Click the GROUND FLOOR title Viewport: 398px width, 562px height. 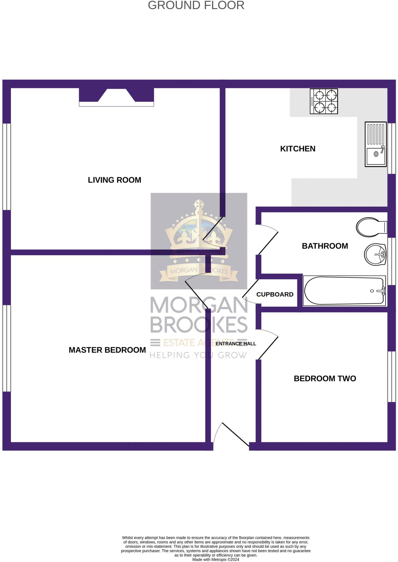pos(196,5)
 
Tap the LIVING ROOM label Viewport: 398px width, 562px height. pos(114,180)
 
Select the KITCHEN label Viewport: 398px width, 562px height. pos(298,149)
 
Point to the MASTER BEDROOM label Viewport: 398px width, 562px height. pos(107,350)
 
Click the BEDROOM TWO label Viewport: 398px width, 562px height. pos(325,378)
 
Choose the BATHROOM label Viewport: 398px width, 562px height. pos(325,246)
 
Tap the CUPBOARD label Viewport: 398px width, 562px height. pos(275,294)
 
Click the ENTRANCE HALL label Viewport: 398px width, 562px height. pos(236,344)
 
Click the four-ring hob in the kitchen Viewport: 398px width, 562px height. pos(324,101)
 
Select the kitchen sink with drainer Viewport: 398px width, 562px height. pos(375,144)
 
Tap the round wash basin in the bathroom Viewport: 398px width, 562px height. pos(375,254)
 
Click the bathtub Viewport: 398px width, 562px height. pos(344,291)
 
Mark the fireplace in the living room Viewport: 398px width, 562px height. pos(116,97)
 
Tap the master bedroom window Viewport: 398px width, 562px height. pos(7,348)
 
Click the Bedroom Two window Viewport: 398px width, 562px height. pos(391,376)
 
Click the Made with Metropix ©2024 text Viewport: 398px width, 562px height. pos(215,560)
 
